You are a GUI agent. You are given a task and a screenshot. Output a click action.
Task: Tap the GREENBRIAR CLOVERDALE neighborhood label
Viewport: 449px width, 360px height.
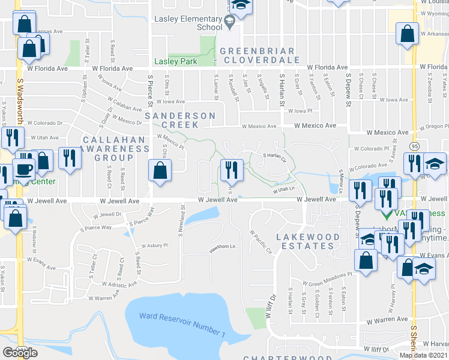click(259, 55)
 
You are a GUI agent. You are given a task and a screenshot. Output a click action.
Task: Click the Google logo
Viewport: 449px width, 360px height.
click(20, 352)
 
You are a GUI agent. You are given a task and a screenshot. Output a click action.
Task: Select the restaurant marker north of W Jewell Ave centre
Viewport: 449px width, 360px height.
click(231, 170)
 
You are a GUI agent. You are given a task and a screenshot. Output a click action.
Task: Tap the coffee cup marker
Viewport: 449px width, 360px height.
click(23, 171)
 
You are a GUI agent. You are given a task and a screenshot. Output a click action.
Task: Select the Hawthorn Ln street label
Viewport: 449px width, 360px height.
click(221, 247)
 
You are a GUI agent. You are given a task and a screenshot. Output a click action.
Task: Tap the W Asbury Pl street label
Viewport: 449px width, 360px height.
click(152, 245)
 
